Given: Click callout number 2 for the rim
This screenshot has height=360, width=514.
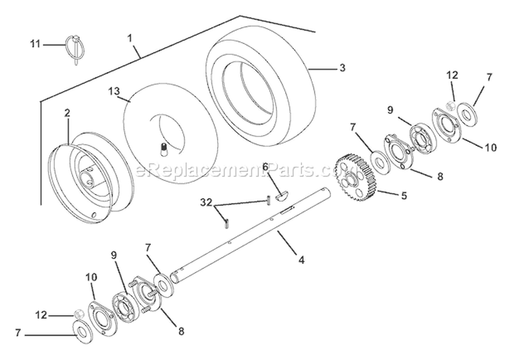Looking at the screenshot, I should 67,112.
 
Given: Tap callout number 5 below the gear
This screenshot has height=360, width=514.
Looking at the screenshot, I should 404,195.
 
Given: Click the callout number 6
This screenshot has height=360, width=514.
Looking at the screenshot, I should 265,166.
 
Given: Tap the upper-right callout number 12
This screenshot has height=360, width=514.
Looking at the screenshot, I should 452,75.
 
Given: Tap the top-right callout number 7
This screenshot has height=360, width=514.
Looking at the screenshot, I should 489,77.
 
